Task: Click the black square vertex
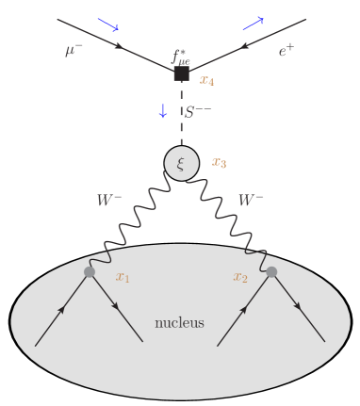pyautogui.click(x=182, y=73)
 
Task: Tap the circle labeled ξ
pyautogui.click(x=182, y=162)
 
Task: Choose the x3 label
pyautogui.click(x=219, y=162)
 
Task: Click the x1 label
pyautogui.click(x=123, y=277)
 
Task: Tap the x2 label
pyautogui.click(x=241, y=277)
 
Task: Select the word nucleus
pyautogui.click(x=180, y=324)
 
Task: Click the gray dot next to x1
pyautogui.click(x=90, y=272)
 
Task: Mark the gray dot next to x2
pyautogui.click(x=271, y=272)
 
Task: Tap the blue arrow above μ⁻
pyautogui.click(x=108, y=25)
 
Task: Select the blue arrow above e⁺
pyautogui.click(x=254, y=23)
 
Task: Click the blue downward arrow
pyautogui.click(x=162, y=111)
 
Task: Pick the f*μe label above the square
pyautogui.click(x=182, y=55)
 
